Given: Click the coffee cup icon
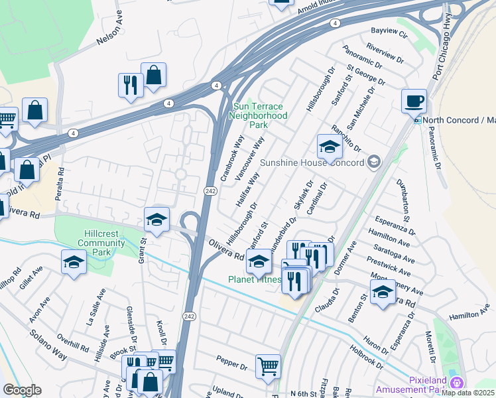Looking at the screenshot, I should click(414, 101).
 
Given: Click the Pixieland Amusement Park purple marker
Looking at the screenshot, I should click(456, 383).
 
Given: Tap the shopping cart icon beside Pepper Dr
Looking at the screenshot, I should click(268, 365).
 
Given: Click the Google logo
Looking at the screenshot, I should click(22, 390).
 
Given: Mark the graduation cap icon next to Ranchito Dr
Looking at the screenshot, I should click(330, 148).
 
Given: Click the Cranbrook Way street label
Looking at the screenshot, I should click(233, 159).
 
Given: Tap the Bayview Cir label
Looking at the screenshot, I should click(389, 31).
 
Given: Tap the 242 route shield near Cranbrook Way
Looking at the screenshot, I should click(208, 191).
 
